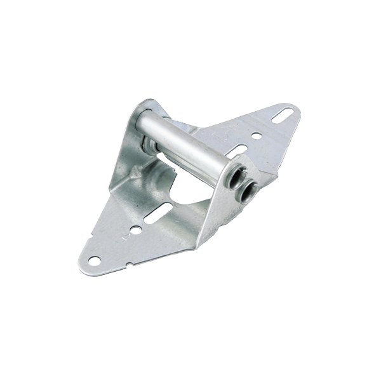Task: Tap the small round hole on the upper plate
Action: coord(255,135)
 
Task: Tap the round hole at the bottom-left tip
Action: coord(95,260)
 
